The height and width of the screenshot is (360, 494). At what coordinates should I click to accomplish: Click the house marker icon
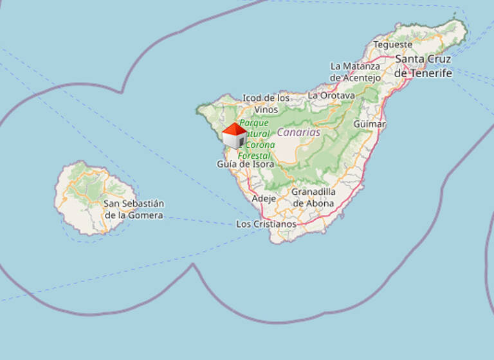pos(234,136)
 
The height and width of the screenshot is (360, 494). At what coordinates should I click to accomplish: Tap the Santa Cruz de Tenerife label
pos(423,66)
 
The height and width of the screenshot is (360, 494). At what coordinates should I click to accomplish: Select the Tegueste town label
pos(392,45)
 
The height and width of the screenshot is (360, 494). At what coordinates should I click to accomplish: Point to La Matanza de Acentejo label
pos(355,71)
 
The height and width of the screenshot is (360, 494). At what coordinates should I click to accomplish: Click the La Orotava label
pos(331,95)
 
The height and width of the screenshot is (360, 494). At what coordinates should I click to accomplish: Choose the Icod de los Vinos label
pos(266,104)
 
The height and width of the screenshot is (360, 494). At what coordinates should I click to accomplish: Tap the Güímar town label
pos(370,123)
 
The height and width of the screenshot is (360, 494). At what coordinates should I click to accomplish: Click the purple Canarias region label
pos(298,132)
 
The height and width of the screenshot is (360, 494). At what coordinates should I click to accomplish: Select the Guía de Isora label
pos(245,164)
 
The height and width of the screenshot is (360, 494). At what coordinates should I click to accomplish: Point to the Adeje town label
pos(264,199)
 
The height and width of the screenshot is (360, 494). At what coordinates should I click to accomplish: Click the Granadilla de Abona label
pos(313,197)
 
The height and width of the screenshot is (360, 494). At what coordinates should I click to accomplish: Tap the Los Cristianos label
pos(266,224)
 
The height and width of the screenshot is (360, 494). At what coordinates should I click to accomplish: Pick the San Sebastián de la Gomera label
pos(134,209)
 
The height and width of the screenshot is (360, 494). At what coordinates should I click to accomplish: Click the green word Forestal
pos(254,156)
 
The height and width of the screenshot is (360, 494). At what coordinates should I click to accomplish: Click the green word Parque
pos(254,122)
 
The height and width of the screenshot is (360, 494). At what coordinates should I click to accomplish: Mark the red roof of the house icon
pos(234,129)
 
